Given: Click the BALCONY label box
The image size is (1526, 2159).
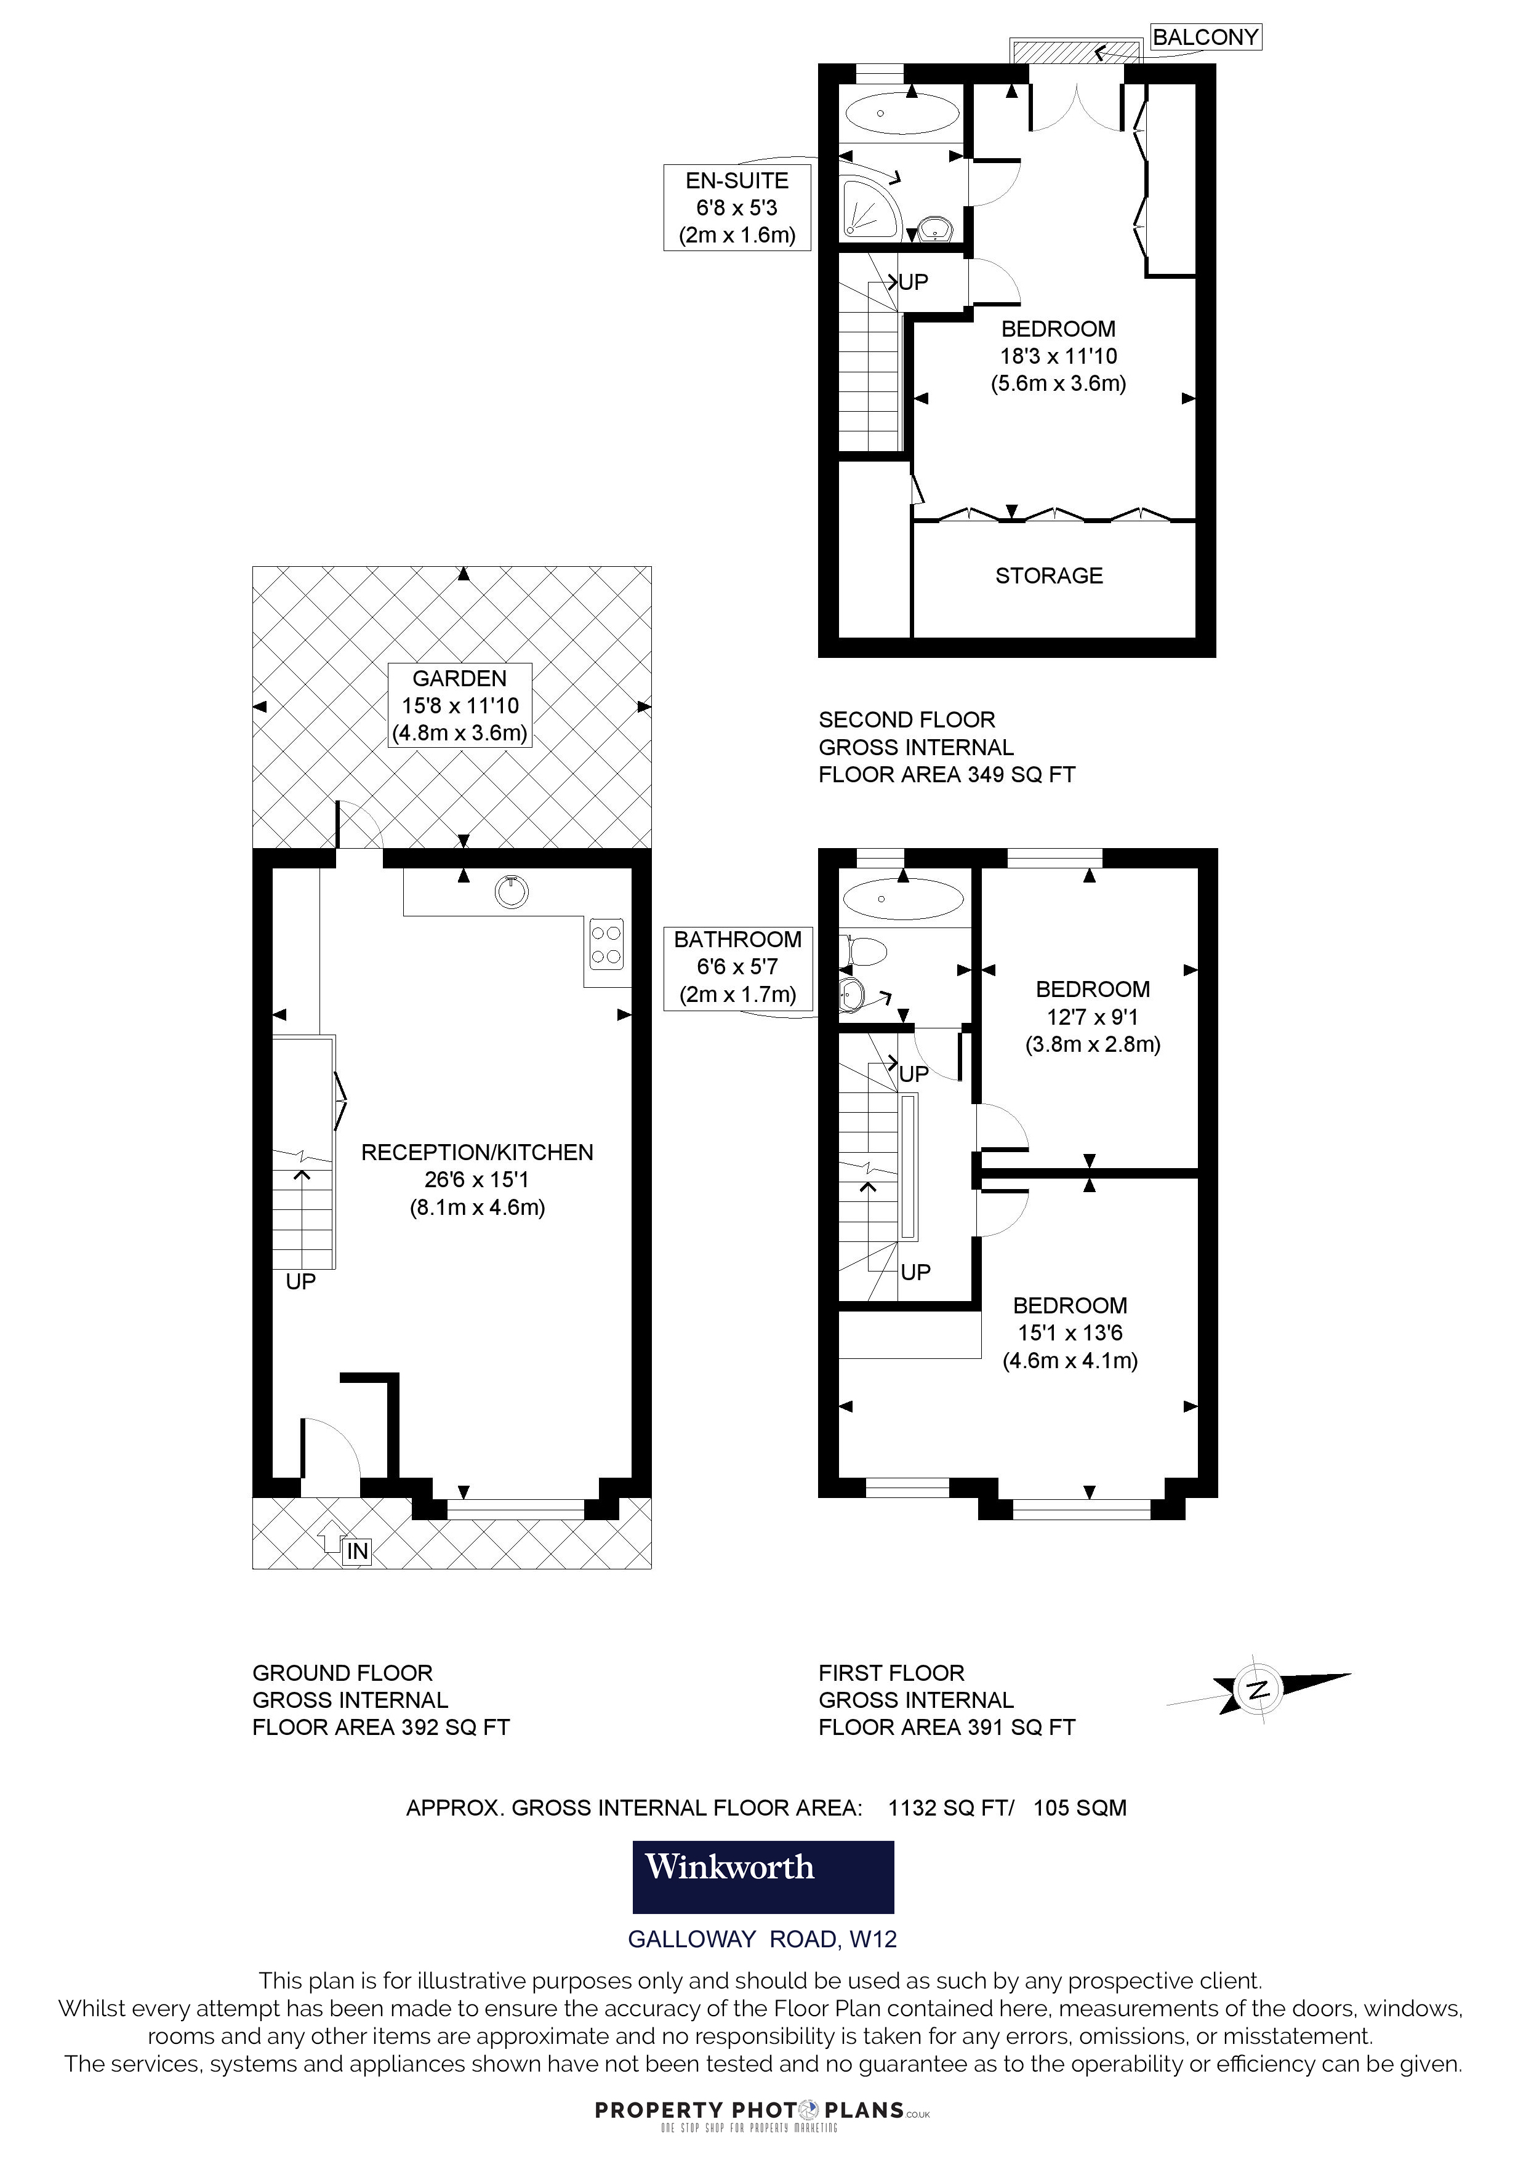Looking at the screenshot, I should pos(1205,38).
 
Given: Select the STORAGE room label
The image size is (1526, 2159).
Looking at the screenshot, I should pos(1048,575).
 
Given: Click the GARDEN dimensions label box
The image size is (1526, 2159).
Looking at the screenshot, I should pos(460,705).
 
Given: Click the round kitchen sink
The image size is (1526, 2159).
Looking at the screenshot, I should pos(510,891).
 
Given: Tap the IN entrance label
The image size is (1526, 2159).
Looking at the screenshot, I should pos(357,1550).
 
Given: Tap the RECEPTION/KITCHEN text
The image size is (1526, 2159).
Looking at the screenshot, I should pos(476,1152).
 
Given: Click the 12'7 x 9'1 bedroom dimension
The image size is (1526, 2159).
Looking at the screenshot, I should pos(1091,1017).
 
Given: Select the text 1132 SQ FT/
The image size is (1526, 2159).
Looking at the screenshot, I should pos(950,1808).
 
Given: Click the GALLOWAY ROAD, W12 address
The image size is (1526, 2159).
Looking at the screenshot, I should pos(763,1939).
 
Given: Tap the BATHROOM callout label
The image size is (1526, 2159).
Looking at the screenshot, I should pos(737,967).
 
